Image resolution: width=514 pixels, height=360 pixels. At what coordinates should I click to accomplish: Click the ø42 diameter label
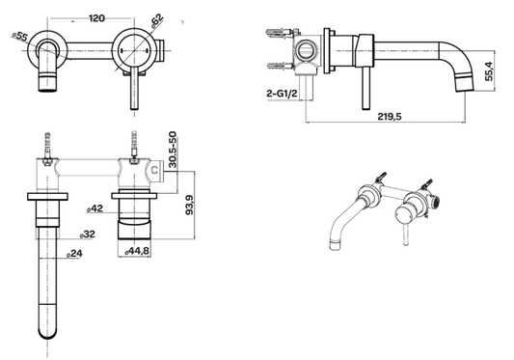tap(94, 208)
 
